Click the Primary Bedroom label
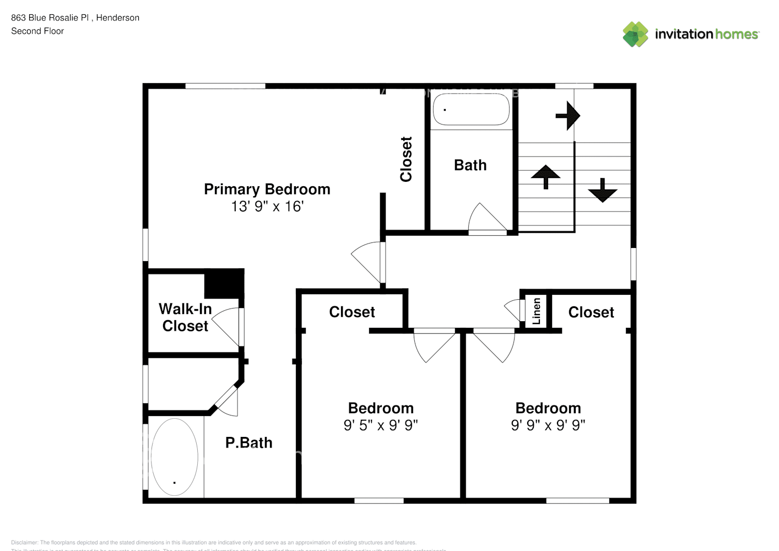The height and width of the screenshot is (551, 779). (267, 189)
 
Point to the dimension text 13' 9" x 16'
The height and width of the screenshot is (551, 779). (267, 206)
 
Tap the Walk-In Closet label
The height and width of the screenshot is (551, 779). (185, 317)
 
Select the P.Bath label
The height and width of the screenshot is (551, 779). (248, 442)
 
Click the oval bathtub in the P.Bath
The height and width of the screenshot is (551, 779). (174, 457)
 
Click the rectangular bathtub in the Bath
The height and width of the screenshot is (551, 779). (471, 110)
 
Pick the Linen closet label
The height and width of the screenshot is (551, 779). (536, 311)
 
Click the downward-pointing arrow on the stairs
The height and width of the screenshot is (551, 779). (602, 190)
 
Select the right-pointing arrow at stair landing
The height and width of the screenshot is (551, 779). (568, 116)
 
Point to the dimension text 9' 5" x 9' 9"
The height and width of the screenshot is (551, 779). (381, 425)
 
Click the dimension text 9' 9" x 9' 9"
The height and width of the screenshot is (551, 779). (548, 425)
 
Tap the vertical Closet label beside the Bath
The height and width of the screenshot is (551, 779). (406, 159)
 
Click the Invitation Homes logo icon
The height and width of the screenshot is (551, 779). (635, 34)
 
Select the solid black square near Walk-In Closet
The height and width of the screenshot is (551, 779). (224, 284)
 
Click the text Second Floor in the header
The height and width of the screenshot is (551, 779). (37, 31)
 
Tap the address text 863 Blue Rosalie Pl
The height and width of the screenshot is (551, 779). (50, 18)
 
